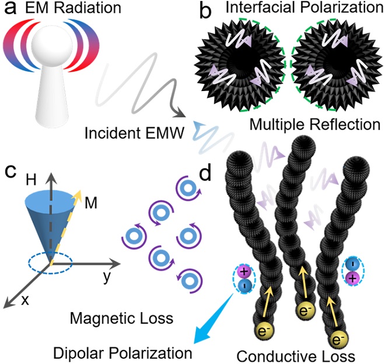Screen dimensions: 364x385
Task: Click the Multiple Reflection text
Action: [313, 124]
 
